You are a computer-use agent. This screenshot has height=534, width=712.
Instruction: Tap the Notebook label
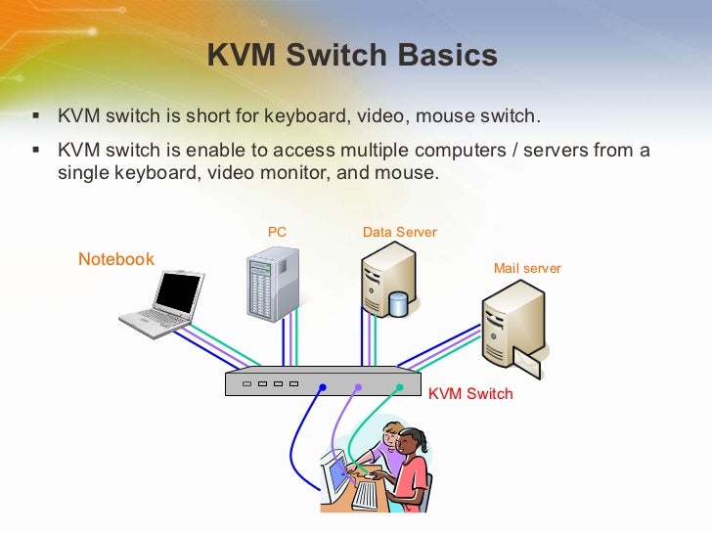coord(116,259)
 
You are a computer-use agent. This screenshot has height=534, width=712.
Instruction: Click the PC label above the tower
coord(277,232)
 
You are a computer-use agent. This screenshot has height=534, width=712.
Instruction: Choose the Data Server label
coord(399,232)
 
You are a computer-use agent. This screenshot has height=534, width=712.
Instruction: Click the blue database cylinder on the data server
coord(398,303)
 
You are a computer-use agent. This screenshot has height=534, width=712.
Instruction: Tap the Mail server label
coord(527,268)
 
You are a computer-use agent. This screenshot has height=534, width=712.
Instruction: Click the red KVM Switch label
coord(470,393)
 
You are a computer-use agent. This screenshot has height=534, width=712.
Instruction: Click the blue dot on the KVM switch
coord(323,387)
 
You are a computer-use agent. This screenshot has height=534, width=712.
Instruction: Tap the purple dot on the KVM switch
coord(359,387)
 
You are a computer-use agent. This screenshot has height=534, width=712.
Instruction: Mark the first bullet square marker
coord(36,115)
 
